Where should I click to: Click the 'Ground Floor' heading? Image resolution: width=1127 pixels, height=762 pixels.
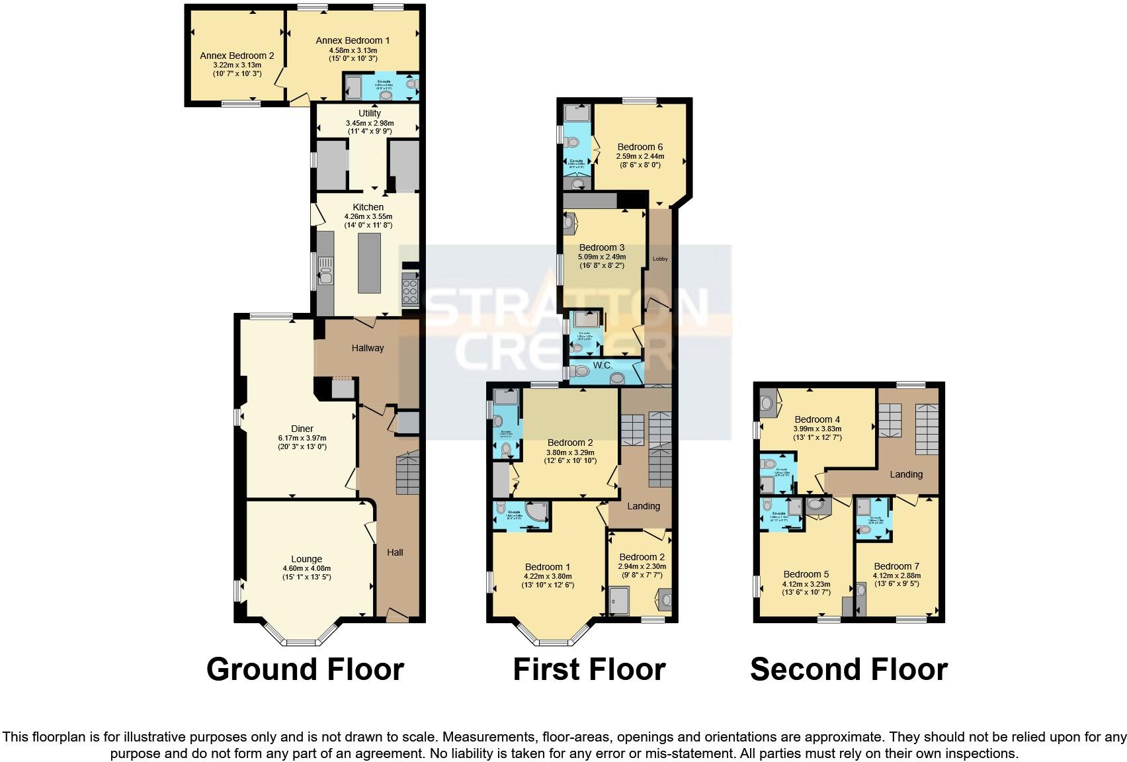tap(305, 669)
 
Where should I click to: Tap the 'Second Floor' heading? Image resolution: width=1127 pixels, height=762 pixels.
tap(849, 669)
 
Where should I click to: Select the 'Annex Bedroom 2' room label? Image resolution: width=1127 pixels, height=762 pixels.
tap(237, 56)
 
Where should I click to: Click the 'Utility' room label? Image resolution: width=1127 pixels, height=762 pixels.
tap(370, 113)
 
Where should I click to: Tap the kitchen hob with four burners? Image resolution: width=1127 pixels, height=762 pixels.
tap(409, 291)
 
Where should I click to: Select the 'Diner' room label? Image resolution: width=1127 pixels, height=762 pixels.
tap(302, 429)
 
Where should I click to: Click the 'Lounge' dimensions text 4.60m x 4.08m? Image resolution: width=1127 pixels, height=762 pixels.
tap(306, 568)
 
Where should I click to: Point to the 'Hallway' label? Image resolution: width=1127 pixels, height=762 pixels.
tap(368, 348)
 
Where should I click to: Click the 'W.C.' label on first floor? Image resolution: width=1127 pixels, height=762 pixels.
tap(603, 365)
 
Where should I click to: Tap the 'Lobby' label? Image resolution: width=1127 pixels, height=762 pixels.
tap(660, 259)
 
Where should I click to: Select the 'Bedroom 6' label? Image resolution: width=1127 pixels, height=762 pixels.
tap(640, 147)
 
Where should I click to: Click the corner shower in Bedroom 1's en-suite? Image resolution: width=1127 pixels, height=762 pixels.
tap(536, 513)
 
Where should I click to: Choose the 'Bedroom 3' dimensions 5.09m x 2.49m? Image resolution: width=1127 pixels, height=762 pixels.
tap(602, 257)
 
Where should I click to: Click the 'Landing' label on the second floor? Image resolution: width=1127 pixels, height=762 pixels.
tap(905, 474)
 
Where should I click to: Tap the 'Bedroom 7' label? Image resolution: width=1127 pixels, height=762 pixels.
tap(896, 566)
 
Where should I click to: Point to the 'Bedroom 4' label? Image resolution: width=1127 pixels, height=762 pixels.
tap(817, 419)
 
